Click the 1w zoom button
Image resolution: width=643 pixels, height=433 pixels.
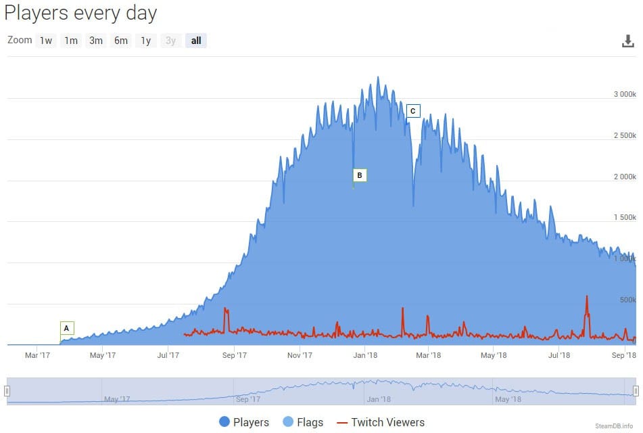coord(46,41)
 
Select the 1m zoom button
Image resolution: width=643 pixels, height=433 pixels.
coord(71,41)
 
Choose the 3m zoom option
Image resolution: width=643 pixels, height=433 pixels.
coord(96,41)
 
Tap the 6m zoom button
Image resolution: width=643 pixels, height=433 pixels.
coord(121,41)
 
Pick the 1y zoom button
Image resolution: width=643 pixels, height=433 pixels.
coord(146,41)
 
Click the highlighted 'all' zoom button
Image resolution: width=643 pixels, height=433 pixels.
coord(196,41)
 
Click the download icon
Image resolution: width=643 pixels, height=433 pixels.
coord(628,41)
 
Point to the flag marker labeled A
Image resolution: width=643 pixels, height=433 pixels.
coord(66,328)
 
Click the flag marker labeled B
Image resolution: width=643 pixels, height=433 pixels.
coord(360,175)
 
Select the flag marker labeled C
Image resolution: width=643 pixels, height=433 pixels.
coord(413,111)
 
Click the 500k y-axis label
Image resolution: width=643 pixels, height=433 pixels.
coord(628,300)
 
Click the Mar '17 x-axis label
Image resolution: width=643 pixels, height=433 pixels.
coord(37,355)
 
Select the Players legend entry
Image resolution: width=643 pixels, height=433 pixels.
coord(244,422)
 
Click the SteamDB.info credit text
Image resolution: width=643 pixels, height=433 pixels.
coord(613,426)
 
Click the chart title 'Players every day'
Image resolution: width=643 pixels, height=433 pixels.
coord(80,12)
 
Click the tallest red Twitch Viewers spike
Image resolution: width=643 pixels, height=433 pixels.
coord(587,297)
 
